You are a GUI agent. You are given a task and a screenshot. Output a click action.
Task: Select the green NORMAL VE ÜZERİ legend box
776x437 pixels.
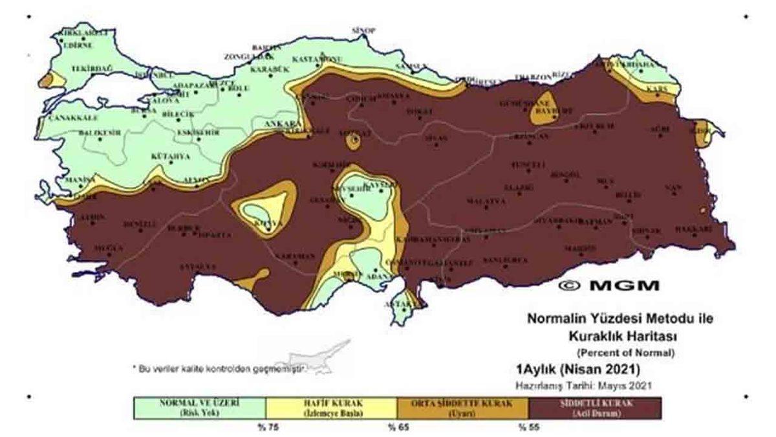tap(199, 408)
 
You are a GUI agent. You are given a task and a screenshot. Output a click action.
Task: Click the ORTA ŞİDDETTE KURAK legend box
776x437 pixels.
tap(463, 408)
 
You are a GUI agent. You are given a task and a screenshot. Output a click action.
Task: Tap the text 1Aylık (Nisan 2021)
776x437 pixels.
tap(577, 370)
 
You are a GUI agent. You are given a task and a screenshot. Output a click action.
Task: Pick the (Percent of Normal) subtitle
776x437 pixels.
tap(625, 353)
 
